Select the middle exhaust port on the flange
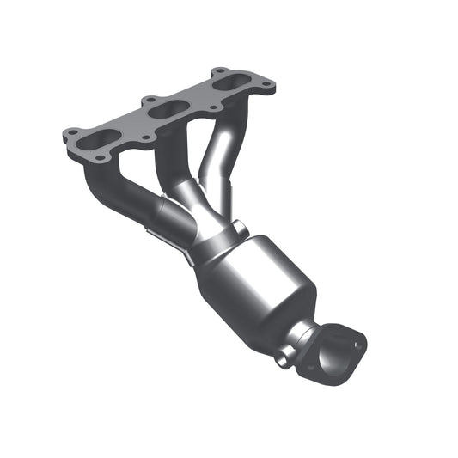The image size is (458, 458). pyautogui.click(x=168, y=107)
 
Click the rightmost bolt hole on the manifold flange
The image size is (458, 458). pyautogui.click(x=267, y=84)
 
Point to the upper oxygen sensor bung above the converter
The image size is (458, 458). pyautogui.click(x=238, y=229)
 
